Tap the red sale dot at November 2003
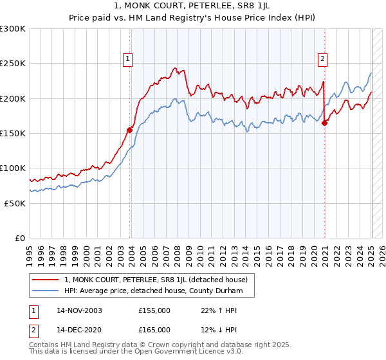pos(130,130)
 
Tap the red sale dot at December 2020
pos(324,123)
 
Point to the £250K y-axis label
pos(13,64)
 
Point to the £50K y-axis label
pos(15,203)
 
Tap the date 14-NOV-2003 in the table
pos(79,310)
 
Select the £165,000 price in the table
pos(154,330)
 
